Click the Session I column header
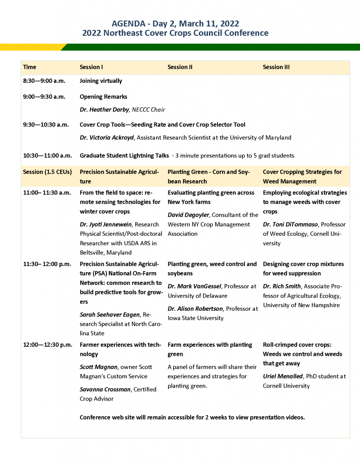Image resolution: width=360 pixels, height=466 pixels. coord(91,67)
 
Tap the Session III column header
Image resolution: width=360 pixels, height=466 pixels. coord(276,67)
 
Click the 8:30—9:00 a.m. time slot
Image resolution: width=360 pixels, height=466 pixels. coord(44,81)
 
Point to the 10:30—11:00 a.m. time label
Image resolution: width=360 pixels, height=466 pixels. coord(47,156)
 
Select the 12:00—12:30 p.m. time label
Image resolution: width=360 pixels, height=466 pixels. coord(47,345)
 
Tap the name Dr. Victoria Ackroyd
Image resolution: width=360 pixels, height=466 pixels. coord(106,137)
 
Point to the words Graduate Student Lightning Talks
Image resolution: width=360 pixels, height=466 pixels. coord(124,156)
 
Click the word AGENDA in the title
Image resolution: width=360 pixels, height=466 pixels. coord(129,24)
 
